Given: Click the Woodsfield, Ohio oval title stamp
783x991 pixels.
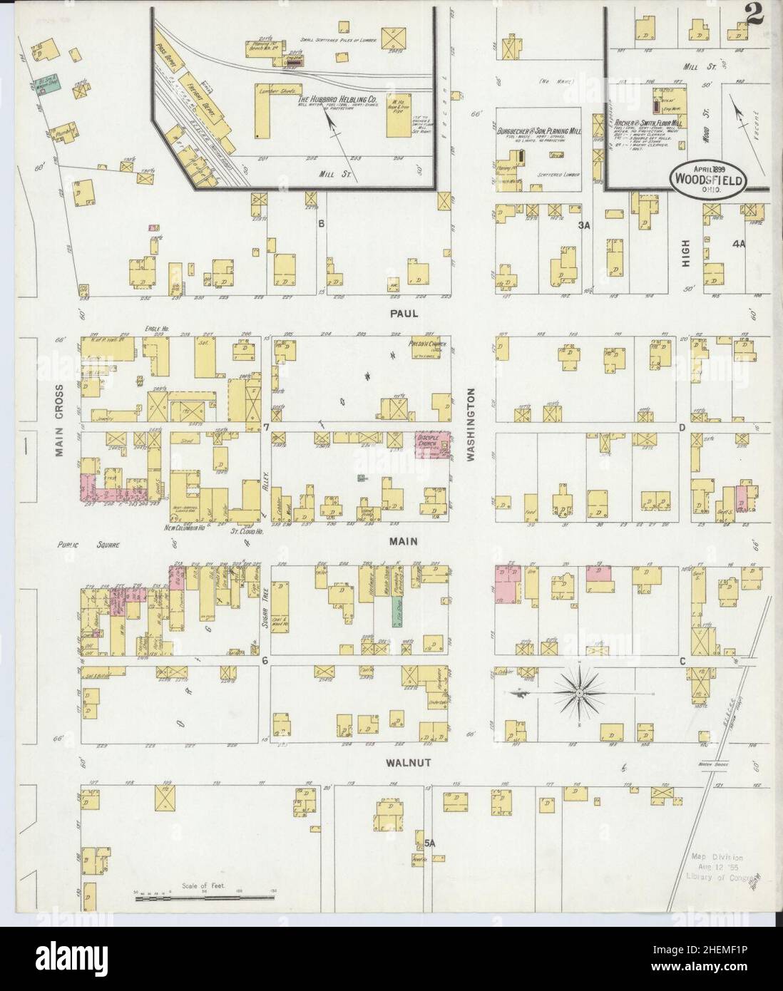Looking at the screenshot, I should pyautogui.click(x=707, y=180).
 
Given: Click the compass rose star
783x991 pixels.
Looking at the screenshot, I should pyautogui.click(x=580, y=692).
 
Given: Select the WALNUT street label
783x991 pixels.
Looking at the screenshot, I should pyautogui.click(x=387, y=762).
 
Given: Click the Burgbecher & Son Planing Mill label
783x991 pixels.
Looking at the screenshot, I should pyautogui.click(x=538, y=131).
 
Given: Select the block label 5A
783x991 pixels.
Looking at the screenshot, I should pyautogui.click(x=429, y=843).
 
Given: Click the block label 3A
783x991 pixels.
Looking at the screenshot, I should pyautogui.click(x=585, y=225).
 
